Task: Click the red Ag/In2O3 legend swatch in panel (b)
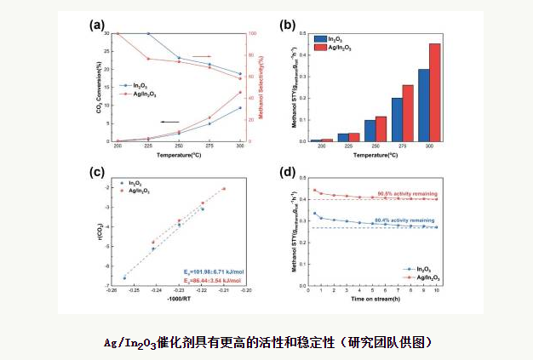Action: [x=321, y=48]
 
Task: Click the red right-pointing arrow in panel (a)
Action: [x=200, y=57]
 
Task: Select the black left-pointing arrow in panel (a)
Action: [x=170, y=122]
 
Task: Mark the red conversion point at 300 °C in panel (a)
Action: [x=240, y=92]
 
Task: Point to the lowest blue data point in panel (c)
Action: [x=124, y=277]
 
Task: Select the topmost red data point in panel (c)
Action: [x=224, y=188]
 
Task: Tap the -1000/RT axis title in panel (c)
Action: [x=179, y=299]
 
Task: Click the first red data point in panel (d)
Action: [x=315, y=190]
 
